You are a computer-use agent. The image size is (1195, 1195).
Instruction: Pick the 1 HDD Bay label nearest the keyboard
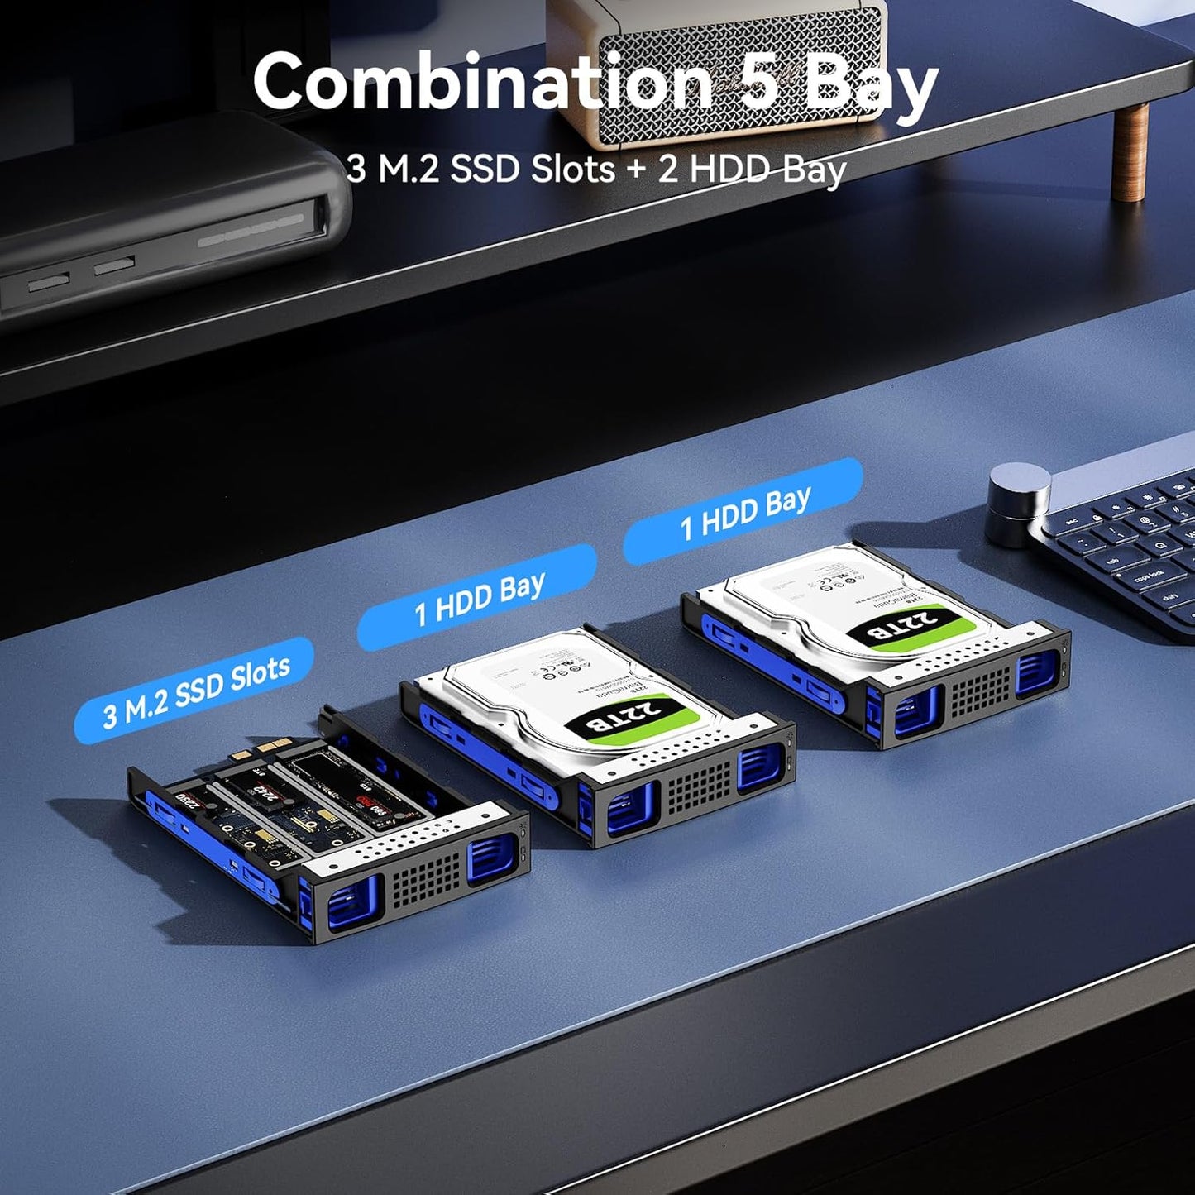point(743,512)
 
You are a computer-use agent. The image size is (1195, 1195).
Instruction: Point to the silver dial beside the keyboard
point(1018,504)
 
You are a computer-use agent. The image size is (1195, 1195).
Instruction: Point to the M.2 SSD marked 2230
point(190,799)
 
